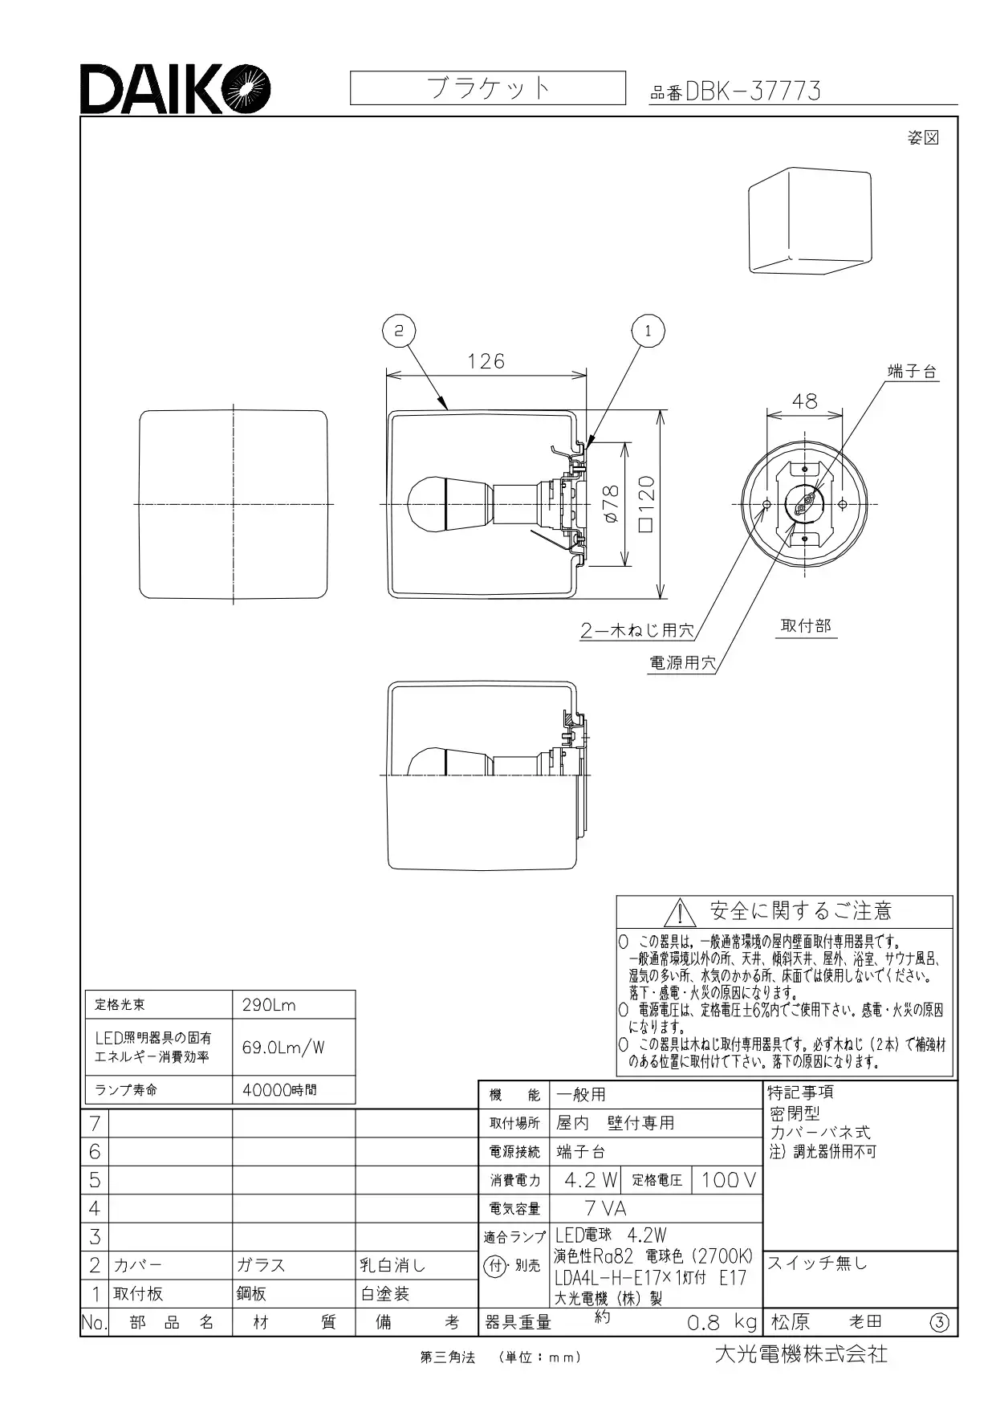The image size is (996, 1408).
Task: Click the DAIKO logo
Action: pos(175,88)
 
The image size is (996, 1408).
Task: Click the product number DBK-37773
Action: pos(753,92)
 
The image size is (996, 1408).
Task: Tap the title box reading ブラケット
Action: pos(487,87)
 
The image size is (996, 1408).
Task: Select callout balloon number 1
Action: pos(648,330)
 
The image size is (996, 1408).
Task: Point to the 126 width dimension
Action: pos(486,362)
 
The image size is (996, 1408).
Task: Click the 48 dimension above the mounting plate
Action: pos(804,401)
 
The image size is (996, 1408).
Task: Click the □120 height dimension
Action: pos(647,505)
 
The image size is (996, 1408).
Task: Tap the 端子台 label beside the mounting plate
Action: pos(912,371)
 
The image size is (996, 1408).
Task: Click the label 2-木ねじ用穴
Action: pos(637,630)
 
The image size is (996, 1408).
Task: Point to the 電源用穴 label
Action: pos(682,663)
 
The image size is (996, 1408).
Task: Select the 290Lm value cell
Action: pos(270,1005)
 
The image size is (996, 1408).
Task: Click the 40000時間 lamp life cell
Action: pos(279,1090)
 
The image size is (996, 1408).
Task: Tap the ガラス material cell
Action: pos(261,1265)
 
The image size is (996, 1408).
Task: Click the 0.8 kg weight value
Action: pos(722,1322)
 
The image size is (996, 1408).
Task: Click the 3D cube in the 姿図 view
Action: pos(810,222)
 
